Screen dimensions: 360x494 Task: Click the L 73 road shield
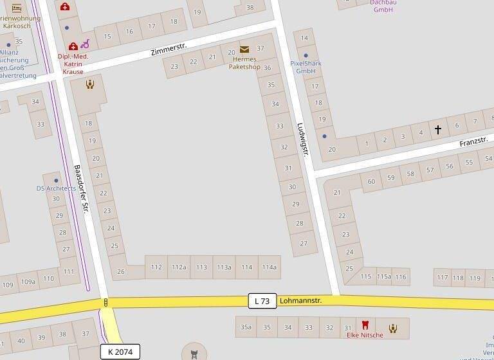point(262,300)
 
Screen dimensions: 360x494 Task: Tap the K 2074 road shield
point(120,352)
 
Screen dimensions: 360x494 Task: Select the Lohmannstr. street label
point(301,300)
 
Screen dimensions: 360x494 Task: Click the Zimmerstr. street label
point(168,48)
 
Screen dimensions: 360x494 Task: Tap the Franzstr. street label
point(474,141)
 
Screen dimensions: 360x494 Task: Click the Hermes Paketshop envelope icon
point(244,50)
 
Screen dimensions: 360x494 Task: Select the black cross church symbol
point(438,130)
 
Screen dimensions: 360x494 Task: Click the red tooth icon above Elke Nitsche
point(365,325)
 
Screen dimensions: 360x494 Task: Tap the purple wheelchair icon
point(86,44)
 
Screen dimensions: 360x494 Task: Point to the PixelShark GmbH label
point(306,67)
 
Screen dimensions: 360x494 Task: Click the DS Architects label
point(56,188)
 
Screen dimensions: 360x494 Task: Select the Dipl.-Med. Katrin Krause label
point(73,64)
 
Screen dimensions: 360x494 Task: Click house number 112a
point(179,267)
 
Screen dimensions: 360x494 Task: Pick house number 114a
point(269,267)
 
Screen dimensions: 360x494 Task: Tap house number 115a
point(384,276)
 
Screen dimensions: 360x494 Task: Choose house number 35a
point(246,327)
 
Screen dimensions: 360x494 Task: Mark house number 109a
point(28,281)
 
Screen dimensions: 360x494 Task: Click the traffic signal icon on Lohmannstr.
point(105,302)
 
